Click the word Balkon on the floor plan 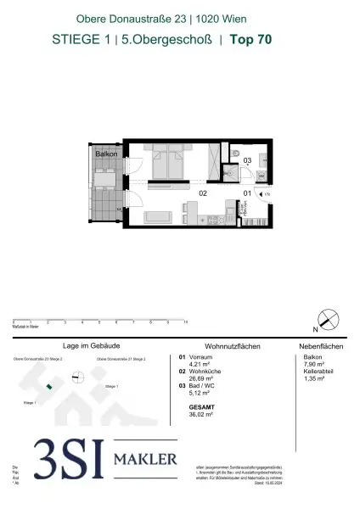pos(105,154)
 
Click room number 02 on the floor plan pos(204,193)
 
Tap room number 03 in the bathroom pos(248,159)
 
